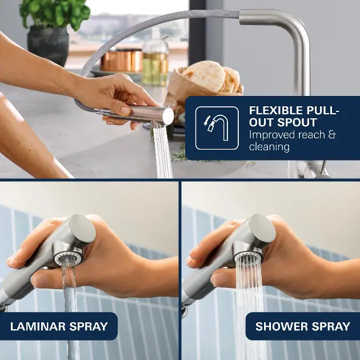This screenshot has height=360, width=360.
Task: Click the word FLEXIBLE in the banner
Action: point(275,110)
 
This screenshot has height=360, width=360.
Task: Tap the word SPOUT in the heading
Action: point(297,122)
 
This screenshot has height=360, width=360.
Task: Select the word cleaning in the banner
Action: point(269,147)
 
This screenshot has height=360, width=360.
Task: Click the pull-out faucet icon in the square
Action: point(217,128)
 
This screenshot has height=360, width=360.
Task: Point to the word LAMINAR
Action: point(38,326)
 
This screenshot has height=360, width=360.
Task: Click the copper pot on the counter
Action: point(122,61)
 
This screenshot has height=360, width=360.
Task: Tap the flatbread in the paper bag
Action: point(206,76)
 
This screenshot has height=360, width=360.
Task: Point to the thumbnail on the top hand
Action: point(126,111)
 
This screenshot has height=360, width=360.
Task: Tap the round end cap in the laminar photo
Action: point(83,229)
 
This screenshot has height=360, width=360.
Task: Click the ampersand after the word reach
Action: point(332,134)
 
